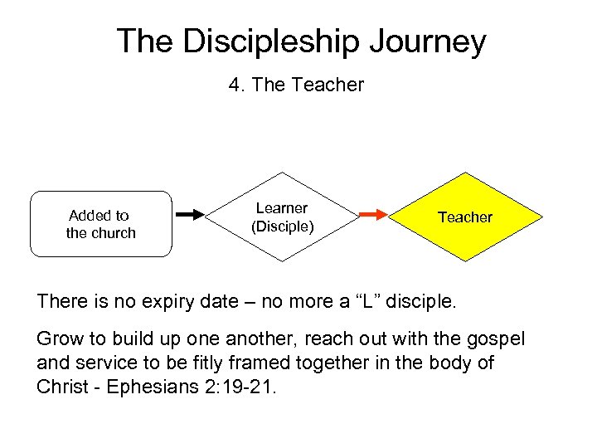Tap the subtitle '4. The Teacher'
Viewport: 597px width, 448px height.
pos(296,85)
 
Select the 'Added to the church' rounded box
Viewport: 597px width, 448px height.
pos(101,224)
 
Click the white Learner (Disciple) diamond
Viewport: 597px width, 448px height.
pos(283,217)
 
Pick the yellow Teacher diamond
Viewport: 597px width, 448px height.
pos(465,217)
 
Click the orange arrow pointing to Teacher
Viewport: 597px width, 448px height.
pos(374,215)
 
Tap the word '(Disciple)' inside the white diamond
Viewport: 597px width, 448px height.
pos(283,226)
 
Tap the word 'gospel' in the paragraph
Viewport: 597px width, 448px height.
pos(498,338)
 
